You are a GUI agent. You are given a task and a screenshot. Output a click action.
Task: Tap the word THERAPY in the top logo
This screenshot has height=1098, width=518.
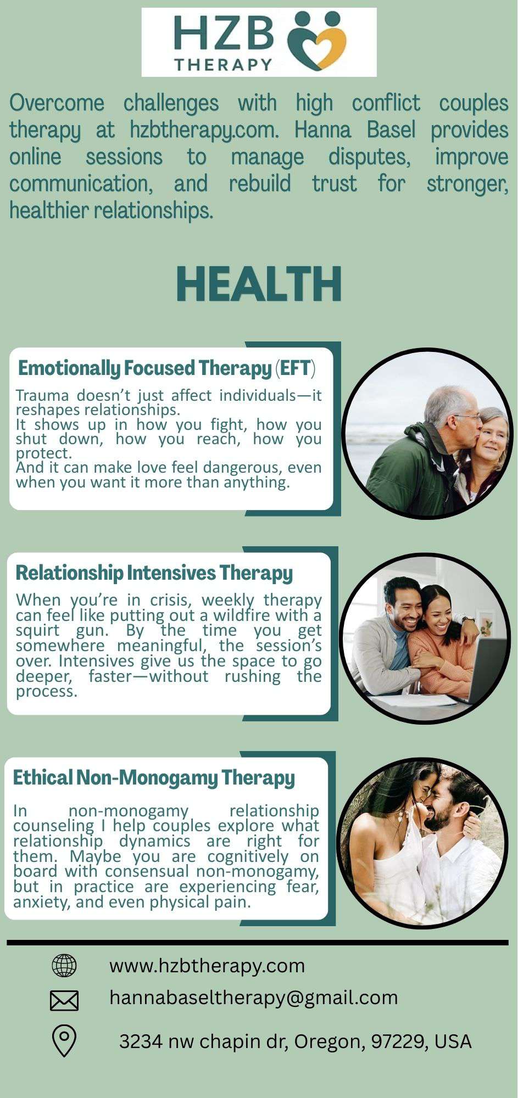pos(224,64)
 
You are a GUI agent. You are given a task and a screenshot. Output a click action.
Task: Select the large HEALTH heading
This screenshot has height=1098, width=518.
pos(259,284)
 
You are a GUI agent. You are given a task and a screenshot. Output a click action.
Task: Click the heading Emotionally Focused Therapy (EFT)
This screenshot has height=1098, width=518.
pos(167,368)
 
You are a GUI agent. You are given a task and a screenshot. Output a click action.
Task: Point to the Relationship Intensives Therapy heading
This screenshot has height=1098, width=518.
pos(154,573)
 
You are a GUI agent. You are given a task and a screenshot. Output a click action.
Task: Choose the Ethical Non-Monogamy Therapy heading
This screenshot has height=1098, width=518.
pos(154,778)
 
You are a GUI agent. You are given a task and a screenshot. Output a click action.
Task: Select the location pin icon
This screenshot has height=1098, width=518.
pos(64,1041)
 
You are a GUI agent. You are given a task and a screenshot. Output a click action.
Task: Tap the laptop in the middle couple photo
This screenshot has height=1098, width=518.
pos(483,670)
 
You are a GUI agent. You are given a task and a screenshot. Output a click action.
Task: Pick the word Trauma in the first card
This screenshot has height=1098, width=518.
pos(42,395)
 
